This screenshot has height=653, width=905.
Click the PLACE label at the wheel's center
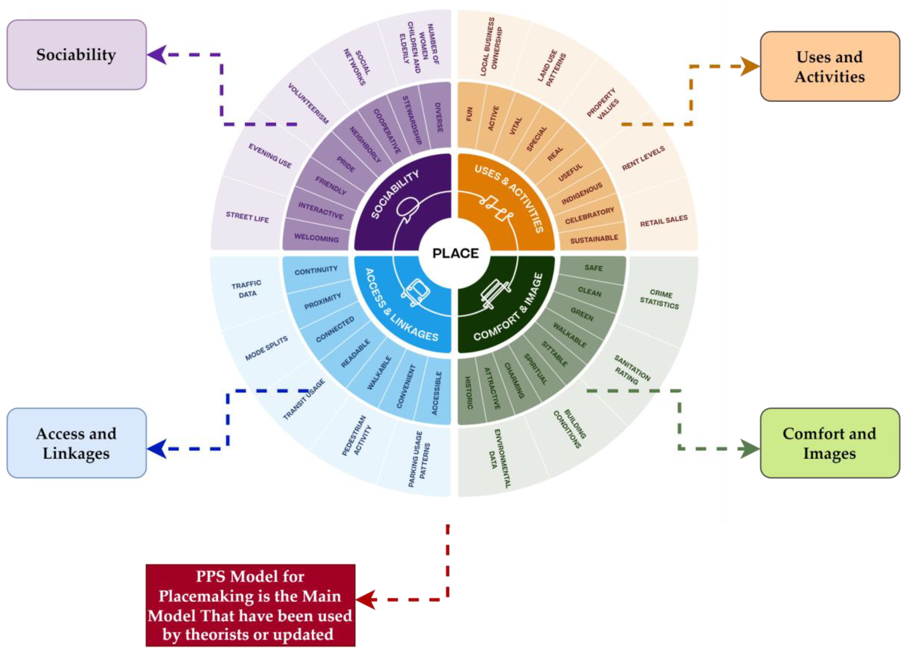[455, 253]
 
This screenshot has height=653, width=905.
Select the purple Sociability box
[76, 55]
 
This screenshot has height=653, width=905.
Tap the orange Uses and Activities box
[829, 66]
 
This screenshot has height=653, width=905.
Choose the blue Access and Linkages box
[76, 443]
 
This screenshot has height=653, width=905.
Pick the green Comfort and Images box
[829, 443]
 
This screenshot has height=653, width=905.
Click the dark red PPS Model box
[250, 605]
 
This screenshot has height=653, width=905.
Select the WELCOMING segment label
[316, 238]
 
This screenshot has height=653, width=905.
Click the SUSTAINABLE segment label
[594, 239]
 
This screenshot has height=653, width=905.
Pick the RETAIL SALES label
[663, 221]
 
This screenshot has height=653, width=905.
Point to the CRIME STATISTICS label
[660, 299]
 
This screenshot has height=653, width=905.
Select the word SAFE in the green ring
[593, 268]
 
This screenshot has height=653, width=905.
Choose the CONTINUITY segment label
[316, 270]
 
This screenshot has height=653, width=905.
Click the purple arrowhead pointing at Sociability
[157, 55]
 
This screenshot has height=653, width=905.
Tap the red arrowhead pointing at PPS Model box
[366, 599]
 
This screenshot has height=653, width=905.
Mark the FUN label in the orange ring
[469, 114]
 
